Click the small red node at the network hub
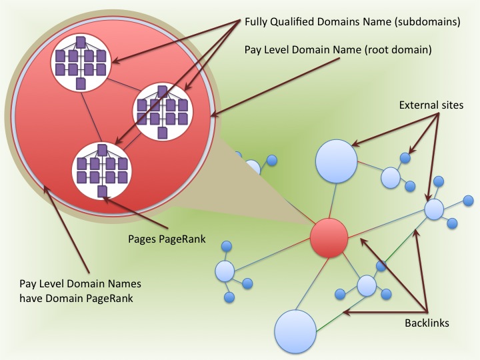pyautogui.click(x=329, y=237)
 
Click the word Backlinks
pyautogui.click(x=427, y=323)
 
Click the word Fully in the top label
pyautogui.click(x=257, y=22)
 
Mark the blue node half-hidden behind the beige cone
pyautogui.click(x=252, y=167)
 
